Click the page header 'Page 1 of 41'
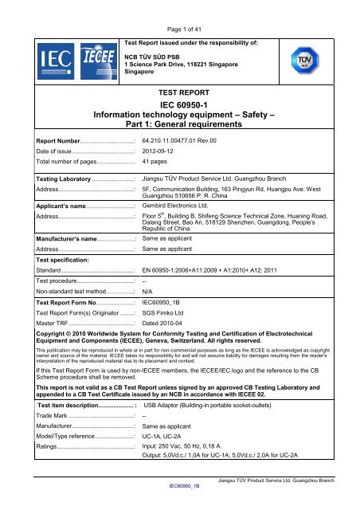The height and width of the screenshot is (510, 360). pos(180,7)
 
